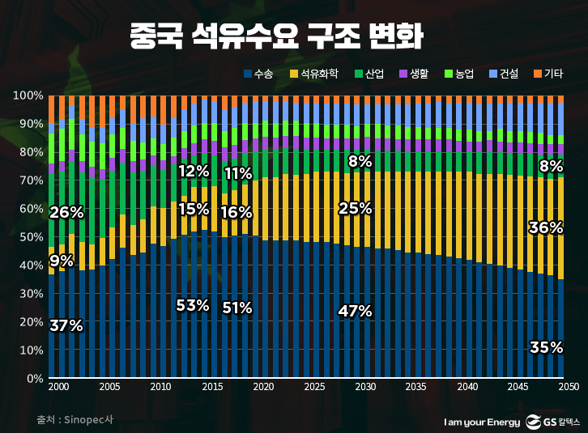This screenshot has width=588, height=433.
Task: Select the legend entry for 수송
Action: [x=258, y=74]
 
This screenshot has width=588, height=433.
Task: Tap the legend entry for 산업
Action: [x=369, y=74]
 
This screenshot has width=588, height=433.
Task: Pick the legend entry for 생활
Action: [x=414, y=74]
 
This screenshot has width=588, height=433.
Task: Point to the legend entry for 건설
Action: [x=503, y=74]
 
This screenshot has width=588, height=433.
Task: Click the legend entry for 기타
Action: [x=548, y=74]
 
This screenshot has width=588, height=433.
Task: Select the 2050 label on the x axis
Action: [x=568, y=388]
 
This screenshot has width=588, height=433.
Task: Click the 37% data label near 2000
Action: [x=66, y=326]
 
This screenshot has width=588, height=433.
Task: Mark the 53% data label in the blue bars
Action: [x=193, y=305]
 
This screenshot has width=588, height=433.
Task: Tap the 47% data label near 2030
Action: [x=355, y=311]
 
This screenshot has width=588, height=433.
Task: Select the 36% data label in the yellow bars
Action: [x=545, y=227]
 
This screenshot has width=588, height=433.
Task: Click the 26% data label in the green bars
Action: [x=66, y=213]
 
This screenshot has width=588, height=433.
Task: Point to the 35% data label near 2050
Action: [x=546, y=347]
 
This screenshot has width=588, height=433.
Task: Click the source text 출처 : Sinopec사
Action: [x=75, y=421]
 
